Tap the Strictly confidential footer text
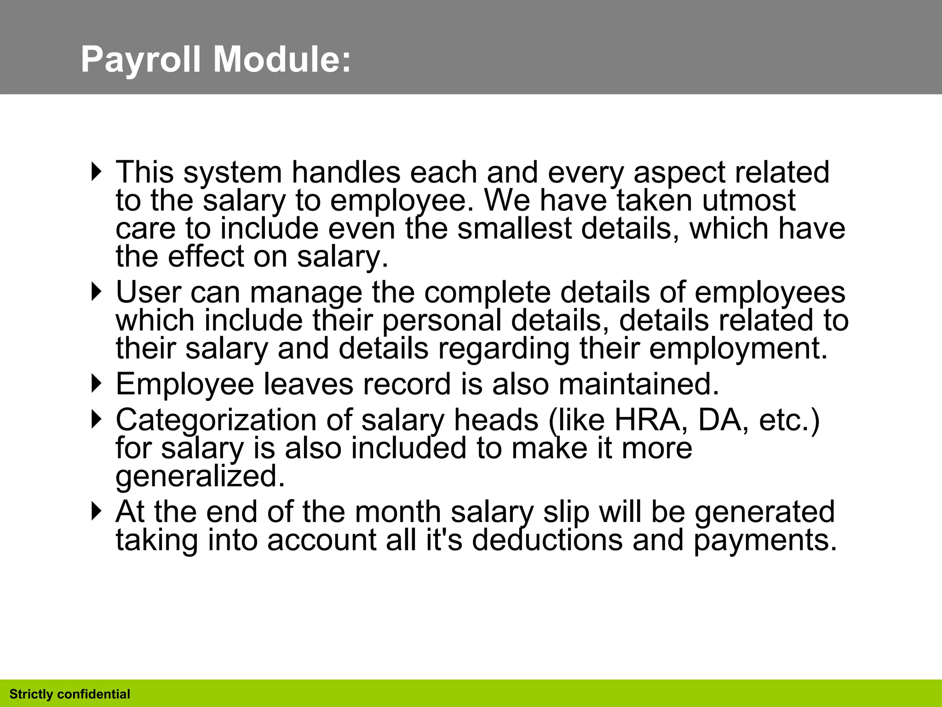click(x=70, y=694)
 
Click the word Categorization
click(x=216, y=421)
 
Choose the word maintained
click(x=638, y=384)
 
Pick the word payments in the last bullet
click(x=765, y=540)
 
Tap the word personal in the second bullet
click(x=442, y=320)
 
